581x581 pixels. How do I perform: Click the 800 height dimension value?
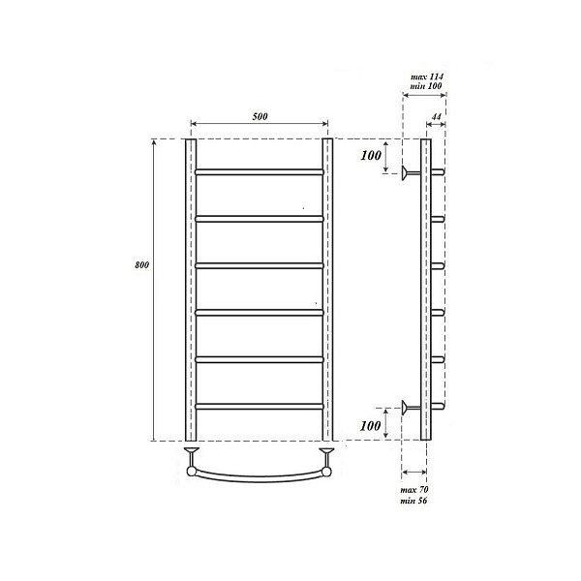[x=141, y=264]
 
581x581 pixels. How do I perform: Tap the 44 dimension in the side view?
[x=436, y=116]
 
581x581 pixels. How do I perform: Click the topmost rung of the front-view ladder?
[x=259, y=171]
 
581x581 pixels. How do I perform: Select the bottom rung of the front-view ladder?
[x=259, y=406]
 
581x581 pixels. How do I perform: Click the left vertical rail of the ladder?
[x=191, y=290]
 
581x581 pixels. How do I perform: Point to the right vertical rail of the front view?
[x=327, y=290]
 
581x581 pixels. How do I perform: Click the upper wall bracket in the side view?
[x=411, y=172]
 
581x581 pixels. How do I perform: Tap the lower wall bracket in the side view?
[x=411, y=407]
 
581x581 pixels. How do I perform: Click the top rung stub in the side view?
[x=437, y=172]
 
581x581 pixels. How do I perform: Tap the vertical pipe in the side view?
[x=425, y=290]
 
